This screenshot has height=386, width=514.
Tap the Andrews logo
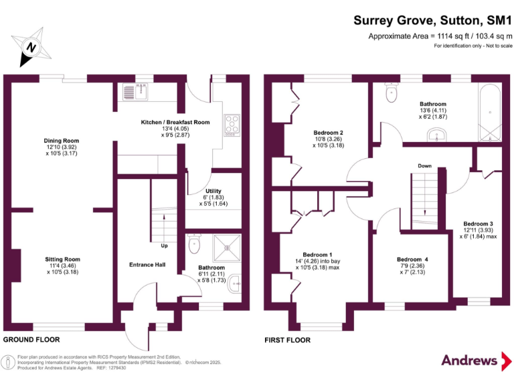tap(470, 360)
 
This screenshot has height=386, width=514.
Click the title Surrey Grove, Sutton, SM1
tap(432, 21)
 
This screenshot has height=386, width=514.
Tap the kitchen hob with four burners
tap(232, 125)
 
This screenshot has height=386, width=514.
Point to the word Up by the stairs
tap(164, 245)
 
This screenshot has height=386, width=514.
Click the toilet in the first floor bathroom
tap(392, 95)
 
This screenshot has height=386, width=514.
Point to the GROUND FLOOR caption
tap(29, 340)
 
